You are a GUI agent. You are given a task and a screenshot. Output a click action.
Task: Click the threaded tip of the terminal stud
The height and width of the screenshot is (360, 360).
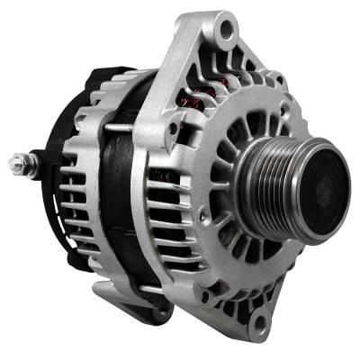click(13, 165)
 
